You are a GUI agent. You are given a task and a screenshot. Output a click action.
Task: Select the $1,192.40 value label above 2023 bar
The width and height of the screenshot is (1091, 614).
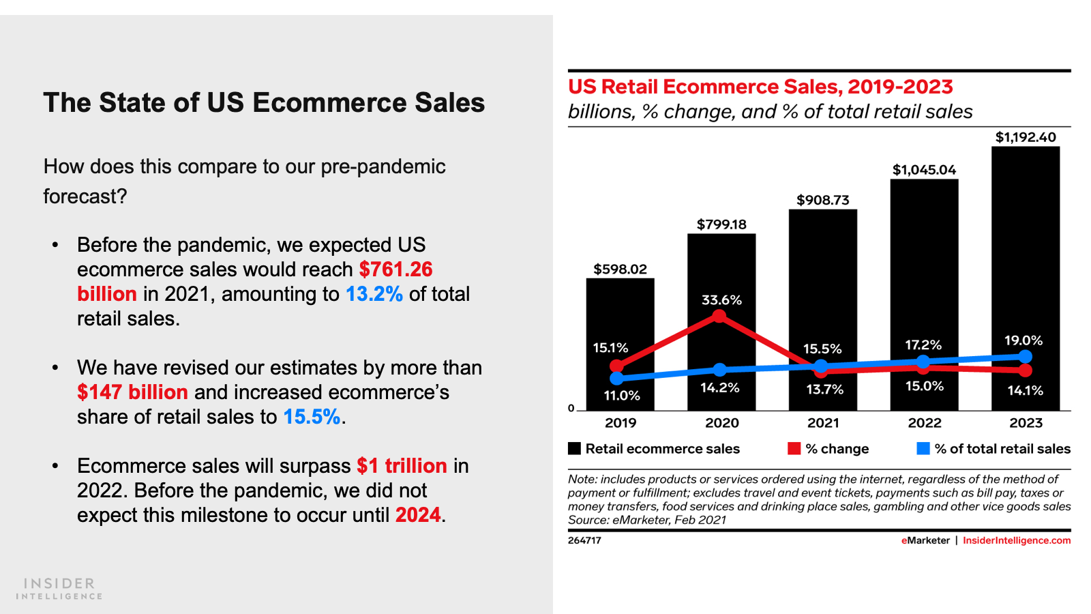click(x=1026, y=137)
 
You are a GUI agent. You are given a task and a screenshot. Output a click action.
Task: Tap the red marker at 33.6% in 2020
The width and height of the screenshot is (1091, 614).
click(x=719, y=316)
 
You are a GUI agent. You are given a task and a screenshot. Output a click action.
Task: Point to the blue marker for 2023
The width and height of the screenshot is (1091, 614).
click(x=1026, y=356)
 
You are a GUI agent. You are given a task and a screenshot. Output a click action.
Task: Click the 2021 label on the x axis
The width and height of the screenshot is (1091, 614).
click(x=823, y=423)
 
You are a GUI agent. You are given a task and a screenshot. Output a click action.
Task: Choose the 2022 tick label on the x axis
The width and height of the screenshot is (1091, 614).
click(x=924, y=423)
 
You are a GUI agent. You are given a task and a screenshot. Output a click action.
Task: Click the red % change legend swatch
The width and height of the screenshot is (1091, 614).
click(x=794, y=448)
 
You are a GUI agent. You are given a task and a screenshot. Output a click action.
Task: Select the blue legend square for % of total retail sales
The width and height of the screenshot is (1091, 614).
click(x=923, y=448)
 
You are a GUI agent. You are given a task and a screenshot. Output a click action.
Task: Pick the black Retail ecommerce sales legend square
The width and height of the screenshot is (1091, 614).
click(x=574, y=448)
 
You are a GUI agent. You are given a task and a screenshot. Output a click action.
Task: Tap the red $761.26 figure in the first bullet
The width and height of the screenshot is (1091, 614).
click(x=395, y=269)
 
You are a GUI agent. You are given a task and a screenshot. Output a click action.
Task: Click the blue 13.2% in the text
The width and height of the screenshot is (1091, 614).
click(x=374, y=294)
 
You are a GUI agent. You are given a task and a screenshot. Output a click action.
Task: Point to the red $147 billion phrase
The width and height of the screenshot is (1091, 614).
click(x=132, y=392)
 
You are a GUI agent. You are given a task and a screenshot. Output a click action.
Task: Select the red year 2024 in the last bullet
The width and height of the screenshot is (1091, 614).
click(x=418, y=515)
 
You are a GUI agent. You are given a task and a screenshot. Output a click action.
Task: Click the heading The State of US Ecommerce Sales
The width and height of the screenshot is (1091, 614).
click(x=264, y=103)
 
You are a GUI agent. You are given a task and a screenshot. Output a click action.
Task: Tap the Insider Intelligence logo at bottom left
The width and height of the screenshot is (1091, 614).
click(x=59, y=588)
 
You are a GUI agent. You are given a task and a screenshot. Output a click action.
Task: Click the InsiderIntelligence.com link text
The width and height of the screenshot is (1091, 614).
click(x=1016, y=540)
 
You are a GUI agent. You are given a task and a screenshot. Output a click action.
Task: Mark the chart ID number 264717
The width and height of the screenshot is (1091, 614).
click(x=584, y=540)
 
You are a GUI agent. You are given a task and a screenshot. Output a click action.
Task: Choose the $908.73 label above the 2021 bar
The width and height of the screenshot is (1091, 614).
click(x=823, y=200)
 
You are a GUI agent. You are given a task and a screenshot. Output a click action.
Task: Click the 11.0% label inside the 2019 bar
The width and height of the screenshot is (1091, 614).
click(x=621, y=396)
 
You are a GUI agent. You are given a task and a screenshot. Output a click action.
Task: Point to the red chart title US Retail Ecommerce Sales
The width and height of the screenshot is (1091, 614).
click(x=760, y=87)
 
